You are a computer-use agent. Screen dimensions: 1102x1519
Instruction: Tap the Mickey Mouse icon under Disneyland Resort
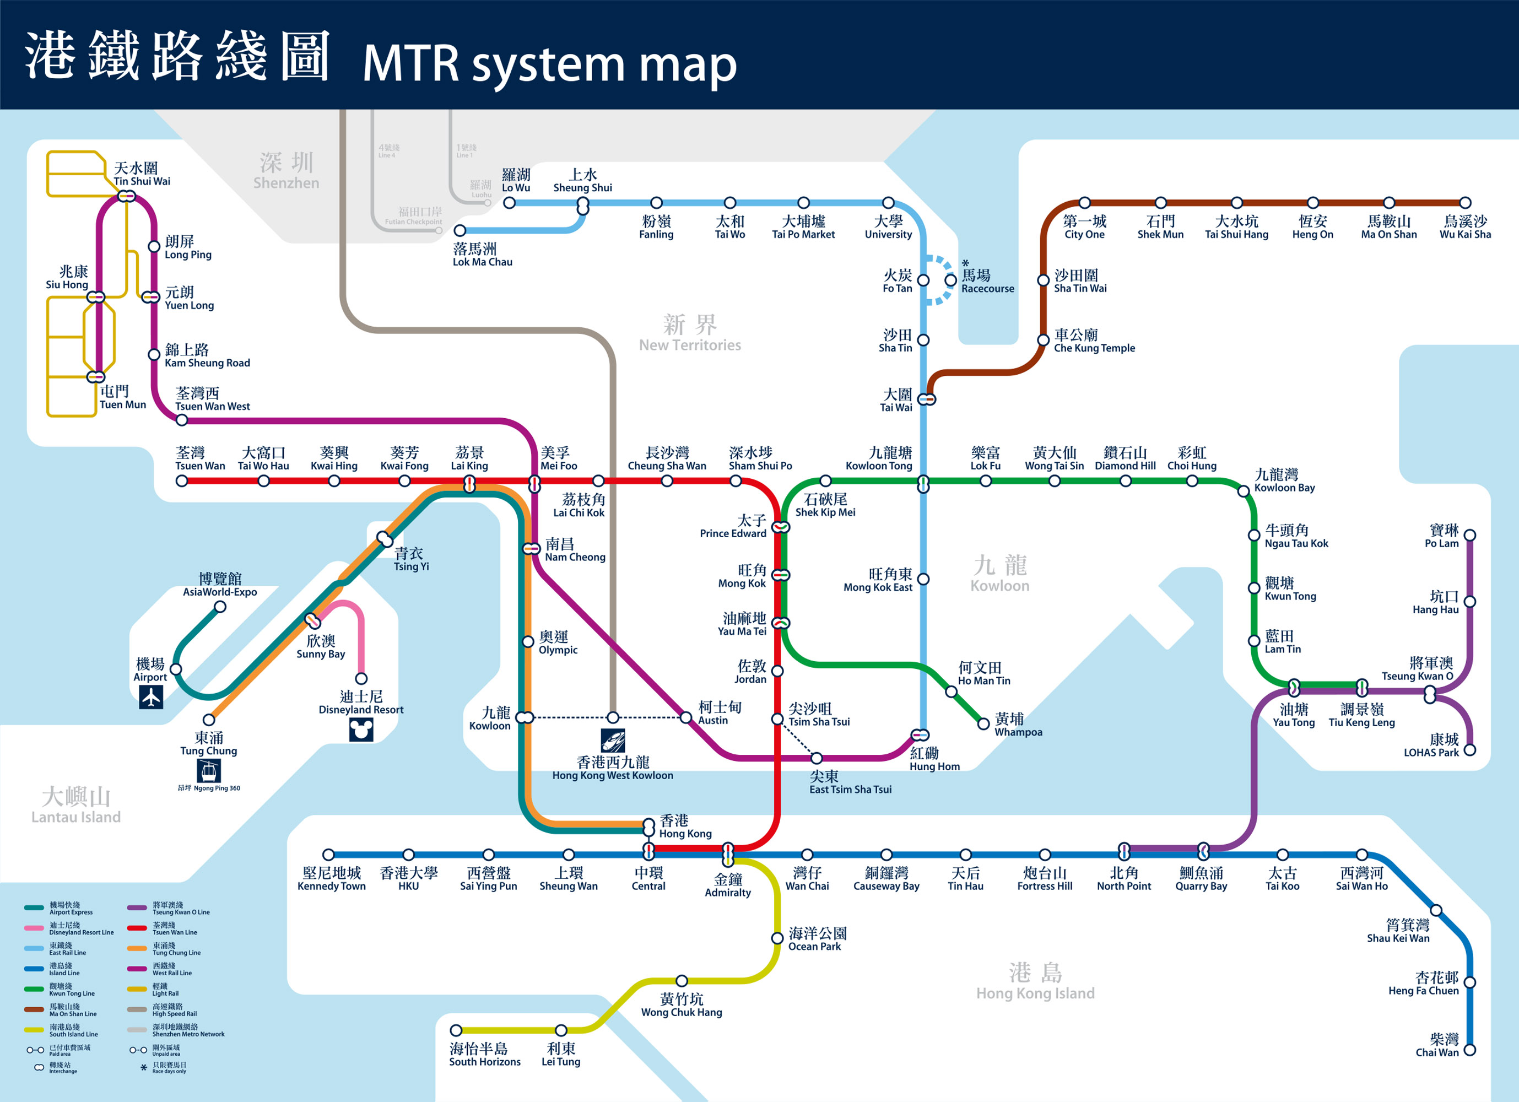point(361,730)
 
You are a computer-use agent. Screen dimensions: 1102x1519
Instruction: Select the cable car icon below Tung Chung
point(208,771)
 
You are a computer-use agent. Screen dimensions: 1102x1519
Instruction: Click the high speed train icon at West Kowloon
point(613,740)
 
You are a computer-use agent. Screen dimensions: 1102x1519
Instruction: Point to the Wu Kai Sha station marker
point(1465,202)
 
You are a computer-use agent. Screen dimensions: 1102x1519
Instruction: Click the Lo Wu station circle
point(509,202)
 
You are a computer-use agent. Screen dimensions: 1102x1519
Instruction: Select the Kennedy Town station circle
point(328,854)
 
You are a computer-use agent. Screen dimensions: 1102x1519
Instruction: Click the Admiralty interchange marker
point(728,854)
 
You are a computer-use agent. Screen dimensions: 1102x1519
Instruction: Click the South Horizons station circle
point(456,1030)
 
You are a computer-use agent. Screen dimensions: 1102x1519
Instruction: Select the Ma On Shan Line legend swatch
point(34,1009)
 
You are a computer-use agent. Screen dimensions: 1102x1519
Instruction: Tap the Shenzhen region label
point(286,171)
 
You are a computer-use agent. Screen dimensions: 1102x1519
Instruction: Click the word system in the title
point(548,64)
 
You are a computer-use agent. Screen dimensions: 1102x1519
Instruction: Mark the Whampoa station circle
point(983,723)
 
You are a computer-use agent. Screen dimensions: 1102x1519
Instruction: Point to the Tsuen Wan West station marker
point(181,420)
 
